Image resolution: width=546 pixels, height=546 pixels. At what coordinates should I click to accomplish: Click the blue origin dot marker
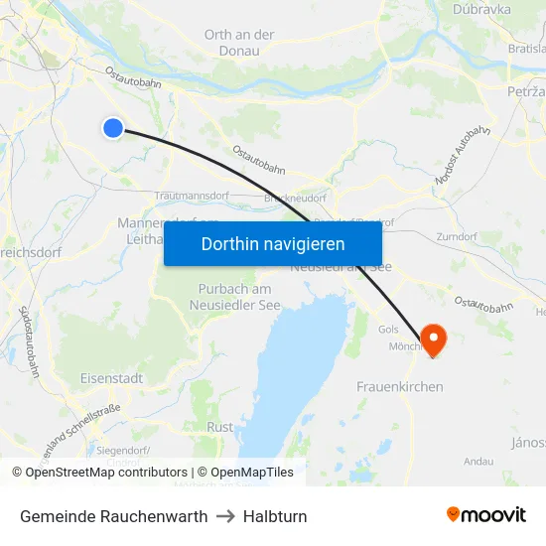pos(113,127)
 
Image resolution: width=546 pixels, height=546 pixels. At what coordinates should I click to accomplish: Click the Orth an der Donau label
pos(239,42)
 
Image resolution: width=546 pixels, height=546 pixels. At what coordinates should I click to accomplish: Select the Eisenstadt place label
pos(111,378)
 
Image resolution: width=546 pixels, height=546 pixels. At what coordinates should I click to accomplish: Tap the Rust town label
pos(219,427)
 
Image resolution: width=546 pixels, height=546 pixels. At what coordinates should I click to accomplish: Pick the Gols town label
pos(388,329)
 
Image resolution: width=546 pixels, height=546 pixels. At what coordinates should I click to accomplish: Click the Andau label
pos(478,461)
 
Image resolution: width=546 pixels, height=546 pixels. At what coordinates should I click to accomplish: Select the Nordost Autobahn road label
pos(463,157)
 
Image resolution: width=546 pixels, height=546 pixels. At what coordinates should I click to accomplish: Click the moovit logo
pos(485,515)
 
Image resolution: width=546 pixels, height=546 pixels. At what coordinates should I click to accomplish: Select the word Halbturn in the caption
pos(275,516)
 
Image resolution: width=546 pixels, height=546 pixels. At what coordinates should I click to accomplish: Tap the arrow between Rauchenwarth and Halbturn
pos(225,516)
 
